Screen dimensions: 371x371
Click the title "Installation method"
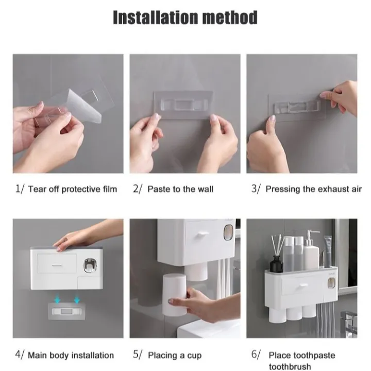click(x=185, y=18)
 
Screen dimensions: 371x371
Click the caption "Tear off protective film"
click(x=73, y=189)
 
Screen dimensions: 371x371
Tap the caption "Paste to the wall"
click(x=180, y=189)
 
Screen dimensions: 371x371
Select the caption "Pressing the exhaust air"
click(x=313, y=189)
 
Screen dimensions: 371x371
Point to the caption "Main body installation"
click(x=71, y=355)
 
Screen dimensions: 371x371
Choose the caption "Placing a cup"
click(x=175, y=355)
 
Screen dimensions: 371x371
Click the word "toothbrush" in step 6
click(x=290, y=366)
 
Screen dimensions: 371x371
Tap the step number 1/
click(x=20, y=189)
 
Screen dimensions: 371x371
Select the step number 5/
click(x=138, y=355)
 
